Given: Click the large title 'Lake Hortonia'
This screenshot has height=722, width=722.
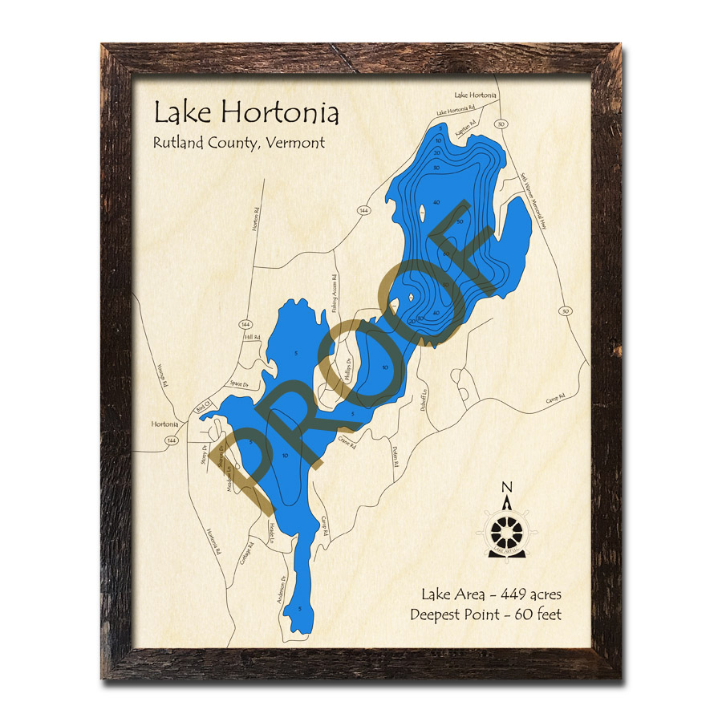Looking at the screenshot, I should tap(246, 112).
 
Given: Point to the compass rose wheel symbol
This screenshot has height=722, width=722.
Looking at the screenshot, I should tap(507, 530).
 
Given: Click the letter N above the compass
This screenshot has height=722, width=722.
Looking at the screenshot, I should tap(506, 487).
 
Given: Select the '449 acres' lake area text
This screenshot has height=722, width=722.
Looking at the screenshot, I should tap(530, 594).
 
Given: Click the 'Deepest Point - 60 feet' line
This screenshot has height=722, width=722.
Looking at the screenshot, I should tap(485, 615).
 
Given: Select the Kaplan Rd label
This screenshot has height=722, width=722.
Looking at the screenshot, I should tap(467, 126).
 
